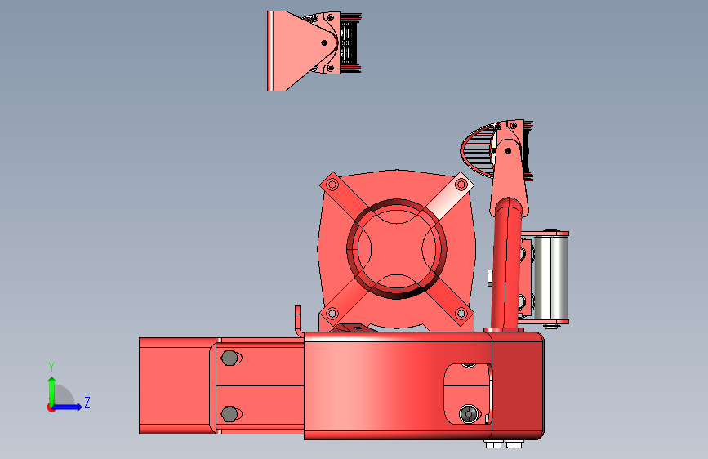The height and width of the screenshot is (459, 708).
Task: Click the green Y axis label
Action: click(x=51, y=367)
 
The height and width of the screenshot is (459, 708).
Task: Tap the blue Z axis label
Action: click(x=87, y=402)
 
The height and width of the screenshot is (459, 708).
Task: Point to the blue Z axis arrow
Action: click(x=67, y=407)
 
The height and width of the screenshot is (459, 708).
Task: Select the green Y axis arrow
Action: click(x=52, y=391)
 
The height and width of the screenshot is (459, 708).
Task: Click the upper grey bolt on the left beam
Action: click(x=229, y=359)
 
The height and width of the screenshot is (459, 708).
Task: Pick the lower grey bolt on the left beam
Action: click(x=229, y=414)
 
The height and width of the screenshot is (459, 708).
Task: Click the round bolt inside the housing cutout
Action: click(x=468, y=413)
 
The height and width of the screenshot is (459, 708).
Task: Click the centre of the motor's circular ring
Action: click(x=396, y=249)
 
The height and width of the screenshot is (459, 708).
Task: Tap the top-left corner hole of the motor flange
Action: click(x=332, y=185)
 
